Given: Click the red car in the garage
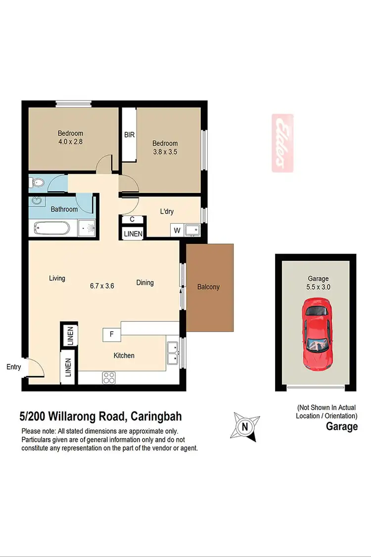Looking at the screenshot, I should click(x=316, y=336).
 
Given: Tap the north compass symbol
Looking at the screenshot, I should click(x=244, y=426).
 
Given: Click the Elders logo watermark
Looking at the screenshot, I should click(x=282, y=143).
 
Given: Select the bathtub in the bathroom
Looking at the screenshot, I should click(x=52, y=228).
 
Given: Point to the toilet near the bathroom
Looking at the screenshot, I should click(x=35, y=183).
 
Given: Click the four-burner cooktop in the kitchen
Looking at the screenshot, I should click(x=109, y=378).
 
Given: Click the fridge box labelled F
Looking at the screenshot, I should click(x=112, y=335).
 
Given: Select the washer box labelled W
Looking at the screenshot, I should click(x=176, y=230).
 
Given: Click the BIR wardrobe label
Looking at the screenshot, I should click(x=130, y=135).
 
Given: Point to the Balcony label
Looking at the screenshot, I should click(x=208, y=287).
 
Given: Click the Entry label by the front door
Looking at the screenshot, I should click(x=14, y=367).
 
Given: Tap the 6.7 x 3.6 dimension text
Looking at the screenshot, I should click(x=102, y=285).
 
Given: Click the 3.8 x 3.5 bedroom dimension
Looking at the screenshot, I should click(x=165, y=152).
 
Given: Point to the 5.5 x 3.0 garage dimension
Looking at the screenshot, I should click(x=319, y=287).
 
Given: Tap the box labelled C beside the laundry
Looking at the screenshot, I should click(x=132, y=220).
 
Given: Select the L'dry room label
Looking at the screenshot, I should click(x=167, y=211).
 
